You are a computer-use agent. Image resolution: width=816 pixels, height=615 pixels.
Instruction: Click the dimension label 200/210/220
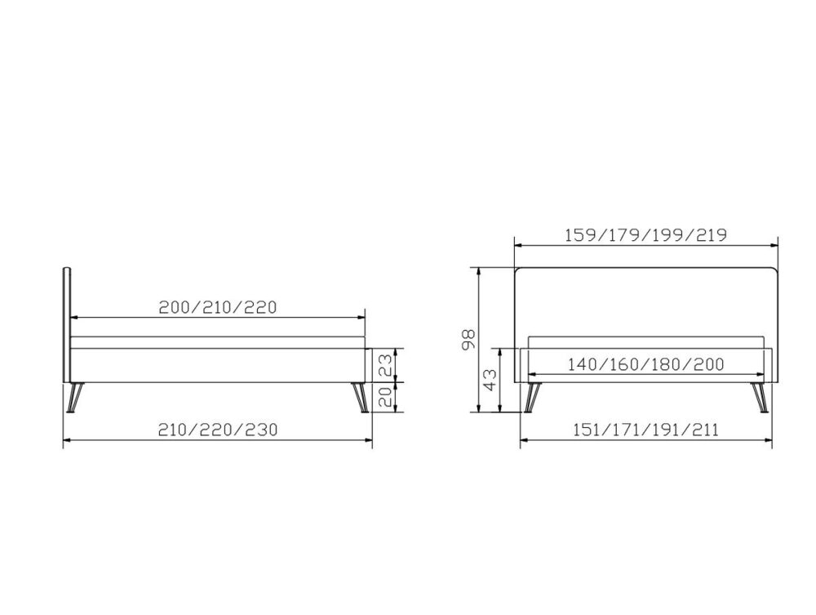click(x=218, y=307)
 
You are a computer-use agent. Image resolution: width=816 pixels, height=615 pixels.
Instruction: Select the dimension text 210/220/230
click(x=218, y=430)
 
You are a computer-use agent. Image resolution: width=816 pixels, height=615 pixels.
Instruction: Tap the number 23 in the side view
click(x=385, y=365)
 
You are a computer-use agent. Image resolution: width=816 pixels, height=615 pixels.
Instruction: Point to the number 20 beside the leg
click(x=385, y=397)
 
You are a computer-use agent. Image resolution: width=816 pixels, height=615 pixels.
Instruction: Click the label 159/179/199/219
click(x=645, y=235)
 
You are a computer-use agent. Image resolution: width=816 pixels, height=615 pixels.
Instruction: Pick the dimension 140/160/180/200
click(x=645, y=364)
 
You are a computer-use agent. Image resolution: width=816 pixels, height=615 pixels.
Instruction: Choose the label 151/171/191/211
click(x=645, y=430)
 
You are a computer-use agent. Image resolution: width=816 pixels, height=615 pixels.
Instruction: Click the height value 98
click(x=469, y=340)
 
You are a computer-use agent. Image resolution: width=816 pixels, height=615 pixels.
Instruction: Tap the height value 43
click(x=490, y=380)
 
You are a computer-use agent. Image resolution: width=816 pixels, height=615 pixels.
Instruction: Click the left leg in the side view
click(x=75, y=398)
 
